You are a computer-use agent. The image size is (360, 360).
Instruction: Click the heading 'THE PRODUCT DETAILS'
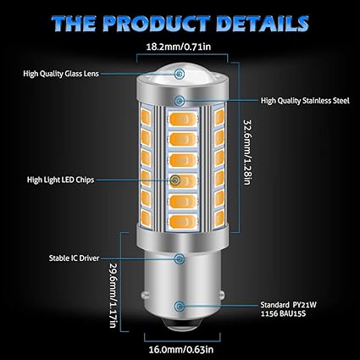click(180, 23)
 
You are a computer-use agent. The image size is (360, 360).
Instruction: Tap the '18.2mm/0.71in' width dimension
click(179, 47)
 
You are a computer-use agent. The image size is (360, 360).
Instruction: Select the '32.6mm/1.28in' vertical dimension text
click(247, 152)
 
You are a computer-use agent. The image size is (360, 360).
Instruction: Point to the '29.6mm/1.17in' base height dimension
click(114, 295)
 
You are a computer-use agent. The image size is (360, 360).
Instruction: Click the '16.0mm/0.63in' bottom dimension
click(181, 350)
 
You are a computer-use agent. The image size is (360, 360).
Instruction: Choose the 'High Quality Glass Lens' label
click(61, 74)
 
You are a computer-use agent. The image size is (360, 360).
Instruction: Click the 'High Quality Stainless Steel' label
click(305, 101)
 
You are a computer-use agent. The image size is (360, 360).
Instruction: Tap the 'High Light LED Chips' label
click(61, 180)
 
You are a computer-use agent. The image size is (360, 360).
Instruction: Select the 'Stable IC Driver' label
click(74, 258)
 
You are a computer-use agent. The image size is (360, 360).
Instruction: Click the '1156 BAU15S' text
click(283, 313)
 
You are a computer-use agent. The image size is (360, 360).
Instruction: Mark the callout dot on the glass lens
click(179, 74)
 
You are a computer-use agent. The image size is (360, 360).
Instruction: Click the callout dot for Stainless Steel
click(179, 101)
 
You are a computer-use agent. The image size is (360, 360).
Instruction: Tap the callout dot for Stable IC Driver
click(179, 258)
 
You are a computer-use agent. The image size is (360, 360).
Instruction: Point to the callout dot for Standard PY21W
click(179, 305)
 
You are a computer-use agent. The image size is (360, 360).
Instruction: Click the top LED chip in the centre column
click(183, 119)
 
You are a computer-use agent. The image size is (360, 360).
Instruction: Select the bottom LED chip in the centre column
click(183, 221)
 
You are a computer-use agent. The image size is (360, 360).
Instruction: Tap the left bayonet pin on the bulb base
click(145, 296)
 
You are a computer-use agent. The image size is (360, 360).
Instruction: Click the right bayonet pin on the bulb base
click(221, 296)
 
